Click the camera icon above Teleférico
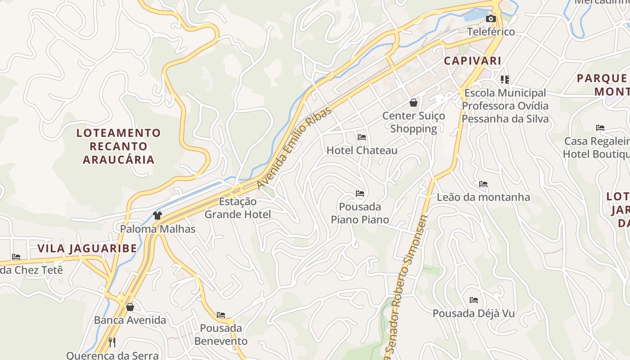pos(491,19)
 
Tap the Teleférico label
pos(491,32)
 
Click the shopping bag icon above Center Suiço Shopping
pos(414,103)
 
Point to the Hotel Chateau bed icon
pos(362,137)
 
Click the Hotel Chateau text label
pos(362,150)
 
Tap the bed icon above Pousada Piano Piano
pos(360,193)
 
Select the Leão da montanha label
pos(483,197)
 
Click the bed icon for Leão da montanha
pos(483,184)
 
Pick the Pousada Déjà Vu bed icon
pos(473,300)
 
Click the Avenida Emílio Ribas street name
pos(295,148)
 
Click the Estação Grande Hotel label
pos(238,208)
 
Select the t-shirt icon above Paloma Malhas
pos(157,216)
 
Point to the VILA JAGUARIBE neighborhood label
pos(87,249)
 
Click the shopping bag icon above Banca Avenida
pos(130,307)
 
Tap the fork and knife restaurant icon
pos(112,342)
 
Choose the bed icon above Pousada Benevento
pos(221,315)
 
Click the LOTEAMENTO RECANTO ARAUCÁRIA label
pos(118,146)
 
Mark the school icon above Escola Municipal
pos(505,80)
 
